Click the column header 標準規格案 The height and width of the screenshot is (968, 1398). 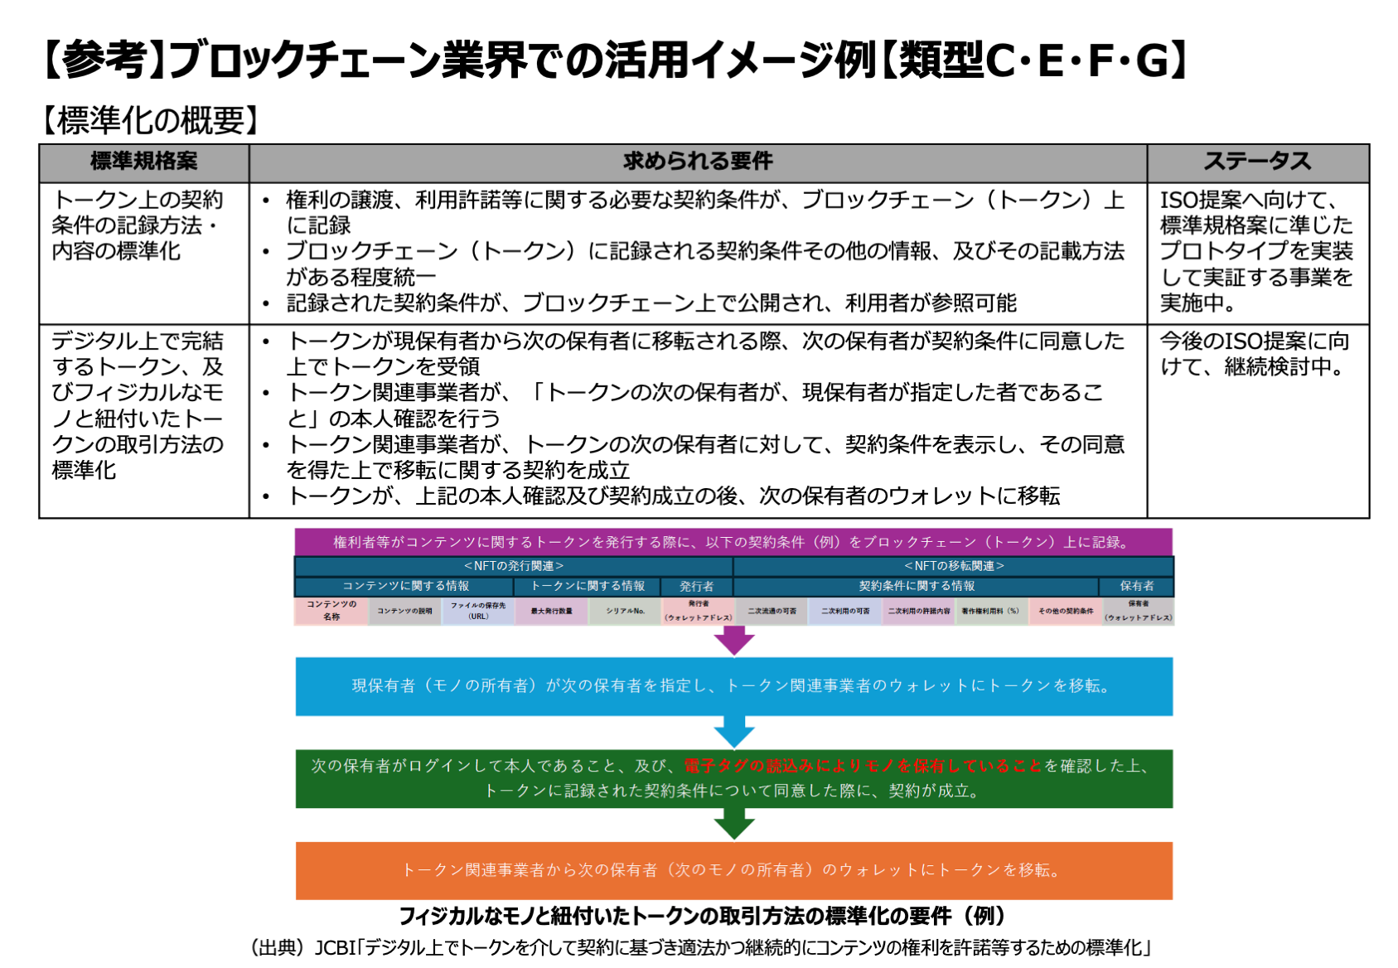143,162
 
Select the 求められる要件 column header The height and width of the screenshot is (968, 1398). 698,162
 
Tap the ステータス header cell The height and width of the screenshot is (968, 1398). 1257,162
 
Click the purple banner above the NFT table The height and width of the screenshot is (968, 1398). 733,542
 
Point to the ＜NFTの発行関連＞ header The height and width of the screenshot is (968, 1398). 514,566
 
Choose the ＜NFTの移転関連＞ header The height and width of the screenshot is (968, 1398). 954,566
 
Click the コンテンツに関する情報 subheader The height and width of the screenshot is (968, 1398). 405,586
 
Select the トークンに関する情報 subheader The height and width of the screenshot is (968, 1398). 588,586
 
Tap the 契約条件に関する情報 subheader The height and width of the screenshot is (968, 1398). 917,586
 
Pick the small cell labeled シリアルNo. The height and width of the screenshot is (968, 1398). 625,611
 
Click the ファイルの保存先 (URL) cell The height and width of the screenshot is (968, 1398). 478,611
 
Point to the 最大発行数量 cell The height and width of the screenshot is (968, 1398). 552,611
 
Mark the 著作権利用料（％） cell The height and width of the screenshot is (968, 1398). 990,611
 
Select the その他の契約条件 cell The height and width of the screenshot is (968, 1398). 1065,611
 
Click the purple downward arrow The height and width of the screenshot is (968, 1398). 734,640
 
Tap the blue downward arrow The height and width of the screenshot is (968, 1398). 734,732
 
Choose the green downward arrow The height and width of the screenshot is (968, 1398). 734,824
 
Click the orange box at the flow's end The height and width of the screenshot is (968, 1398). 733,870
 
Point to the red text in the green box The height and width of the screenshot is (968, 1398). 863,766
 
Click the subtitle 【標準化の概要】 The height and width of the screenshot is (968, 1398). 150,121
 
